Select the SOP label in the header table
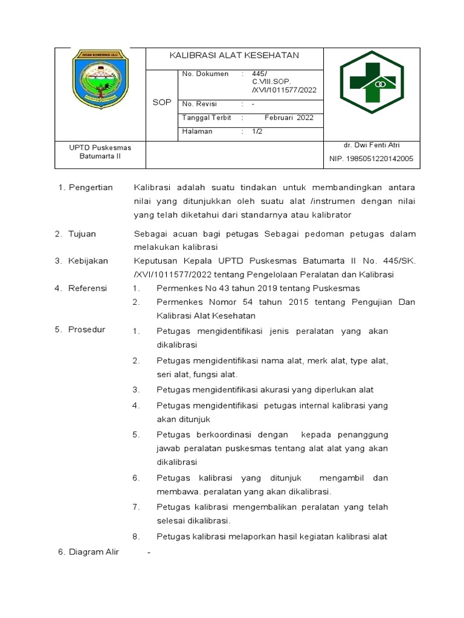[x=161, y=103]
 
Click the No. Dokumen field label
[x=205, y=74]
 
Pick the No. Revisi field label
[x=199, y=104]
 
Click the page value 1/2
[x=257, y=132]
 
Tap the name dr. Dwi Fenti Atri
[x=372, y=145]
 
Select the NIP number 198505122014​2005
[x=371, y=159]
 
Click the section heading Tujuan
[x=82, y=234]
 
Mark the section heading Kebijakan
[x=88, y=261]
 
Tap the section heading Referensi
[x=88, y=288]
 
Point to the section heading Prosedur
[x=87, y=330]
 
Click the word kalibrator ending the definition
[x=330, y=215]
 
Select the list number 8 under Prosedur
[x=136, y=537]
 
